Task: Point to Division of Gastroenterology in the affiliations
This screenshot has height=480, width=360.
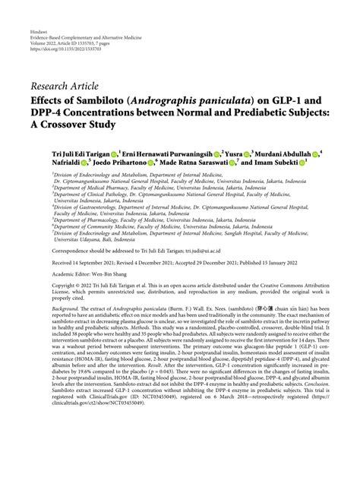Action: pos(91,206)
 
